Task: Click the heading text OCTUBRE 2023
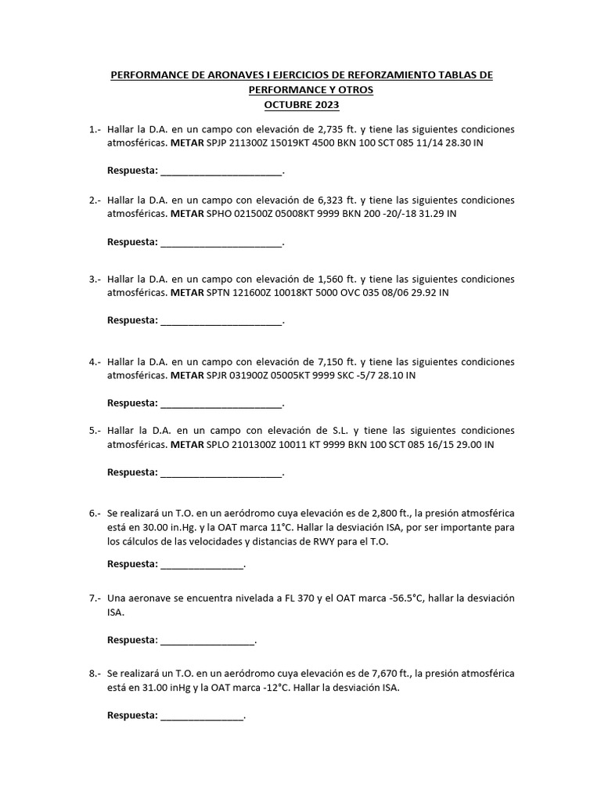(301, 104)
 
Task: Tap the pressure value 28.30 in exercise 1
(452, 144)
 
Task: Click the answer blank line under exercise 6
(202, 565)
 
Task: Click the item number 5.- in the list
(95, 431)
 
